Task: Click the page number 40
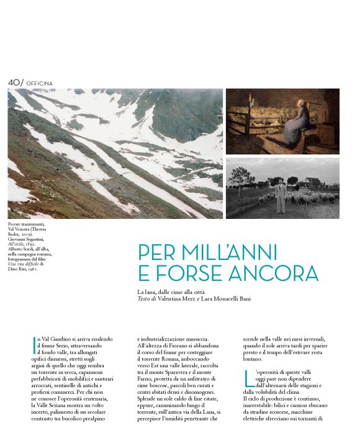pos(14,83)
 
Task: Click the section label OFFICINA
pos(40,83)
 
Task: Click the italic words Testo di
pos(148,298)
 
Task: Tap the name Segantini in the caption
pos(42,241)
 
